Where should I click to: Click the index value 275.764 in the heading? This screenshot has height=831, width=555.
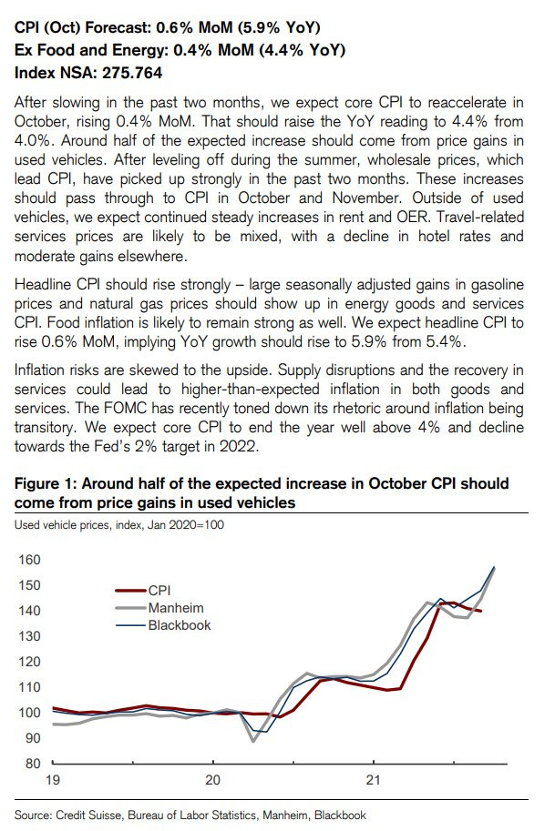(x=132, y=73)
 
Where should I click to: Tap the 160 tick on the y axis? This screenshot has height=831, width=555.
(x=30, y=560)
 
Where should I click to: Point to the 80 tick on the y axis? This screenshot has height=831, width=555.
(x=33, y=763)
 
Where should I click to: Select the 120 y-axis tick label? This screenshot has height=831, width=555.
(x=30, y=662)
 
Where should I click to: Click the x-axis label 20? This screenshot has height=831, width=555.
(x=212, y=780)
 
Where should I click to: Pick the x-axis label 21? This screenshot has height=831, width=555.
(x=374, y=780)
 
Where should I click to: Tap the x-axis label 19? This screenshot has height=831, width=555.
(x=53, y=780)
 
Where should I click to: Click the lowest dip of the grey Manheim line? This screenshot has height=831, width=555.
(x=253, y=741)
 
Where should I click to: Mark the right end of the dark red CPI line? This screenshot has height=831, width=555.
(x=480, y=611)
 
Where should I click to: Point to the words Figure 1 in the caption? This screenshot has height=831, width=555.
(x=44, y=483)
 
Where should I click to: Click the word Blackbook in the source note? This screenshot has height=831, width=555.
(x=340, y=816)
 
